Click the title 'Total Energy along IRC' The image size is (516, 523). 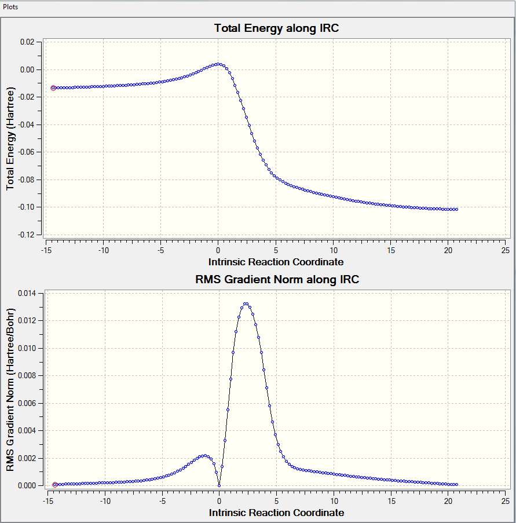(276, 28)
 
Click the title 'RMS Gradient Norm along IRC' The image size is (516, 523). (276, 279)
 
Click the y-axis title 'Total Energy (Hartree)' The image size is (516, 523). (10, 140)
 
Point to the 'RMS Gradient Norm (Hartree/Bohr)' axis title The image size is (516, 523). (10, 389)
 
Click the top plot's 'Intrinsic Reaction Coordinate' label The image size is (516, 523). (276, 262)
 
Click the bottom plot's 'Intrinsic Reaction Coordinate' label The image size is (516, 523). (276, 513)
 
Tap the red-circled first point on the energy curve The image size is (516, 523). (53, 88)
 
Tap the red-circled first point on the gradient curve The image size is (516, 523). (54, 484)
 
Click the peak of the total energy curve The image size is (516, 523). (218, 64)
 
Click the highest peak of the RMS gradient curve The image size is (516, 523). (246, 303)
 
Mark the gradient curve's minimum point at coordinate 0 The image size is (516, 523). (219, 485)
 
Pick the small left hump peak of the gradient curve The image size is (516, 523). (204, 456)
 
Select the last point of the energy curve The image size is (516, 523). (457, 209)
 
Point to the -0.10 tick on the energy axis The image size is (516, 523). (25, 207)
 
